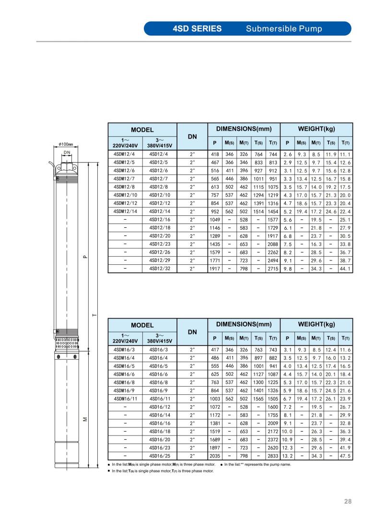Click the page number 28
coord(348,502)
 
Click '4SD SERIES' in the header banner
coord(197,28)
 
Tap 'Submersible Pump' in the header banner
coord(284,28)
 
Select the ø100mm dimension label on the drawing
coord(65,144)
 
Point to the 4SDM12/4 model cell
coord(124,154)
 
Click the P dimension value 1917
coord(214,269)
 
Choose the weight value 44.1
coord(345,269)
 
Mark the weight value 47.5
coord(345,456)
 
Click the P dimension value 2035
coord(214,456)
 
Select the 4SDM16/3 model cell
coord(124,350)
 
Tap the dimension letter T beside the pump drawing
coord(94,315)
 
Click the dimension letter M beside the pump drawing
coord(84,419)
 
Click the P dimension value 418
coord(214,154)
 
